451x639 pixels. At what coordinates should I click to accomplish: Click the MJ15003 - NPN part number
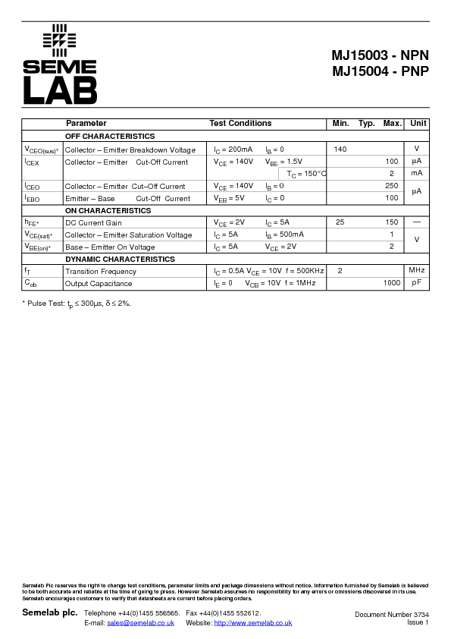coord(380,55)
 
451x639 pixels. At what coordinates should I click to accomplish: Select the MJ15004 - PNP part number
coord(380,72)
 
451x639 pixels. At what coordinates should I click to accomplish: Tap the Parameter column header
coord(86,123)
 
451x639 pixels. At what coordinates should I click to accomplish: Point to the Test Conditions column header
coord(240,123)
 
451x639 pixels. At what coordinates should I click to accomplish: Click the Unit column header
coord(418,123)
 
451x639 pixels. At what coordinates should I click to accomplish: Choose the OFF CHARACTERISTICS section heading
coord(110,137)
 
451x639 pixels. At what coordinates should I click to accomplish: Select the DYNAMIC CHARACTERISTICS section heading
coord(120,260)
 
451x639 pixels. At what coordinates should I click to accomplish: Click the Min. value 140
coord(340,150)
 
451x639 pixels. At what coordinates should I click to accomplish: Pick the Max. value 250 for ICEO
coord(391,186)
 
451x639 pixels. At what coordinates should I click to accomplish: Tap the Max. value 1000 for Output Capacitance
coord(391,283)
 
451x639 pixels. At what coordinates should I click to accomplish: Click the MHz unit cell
coord(417,271)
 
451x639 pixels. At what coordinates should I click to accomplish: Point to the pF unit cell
coord(417,283)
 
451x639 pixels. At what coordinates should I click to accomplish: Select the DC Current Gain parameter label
coord(93,223)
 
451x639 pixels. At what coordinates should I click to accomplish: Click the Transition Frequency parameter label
coord(101,271)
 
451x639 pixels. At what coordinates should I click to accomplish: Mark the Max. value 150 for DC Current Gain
coord(391,223)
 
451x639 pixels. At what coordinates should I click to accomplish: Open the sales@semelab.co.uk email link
coord(140,623)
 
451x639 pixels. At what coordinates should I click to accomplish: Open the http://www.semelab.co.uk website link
coord(253,623)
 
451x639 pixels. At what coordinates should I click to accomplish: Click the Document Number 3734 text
coord(391,614)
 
